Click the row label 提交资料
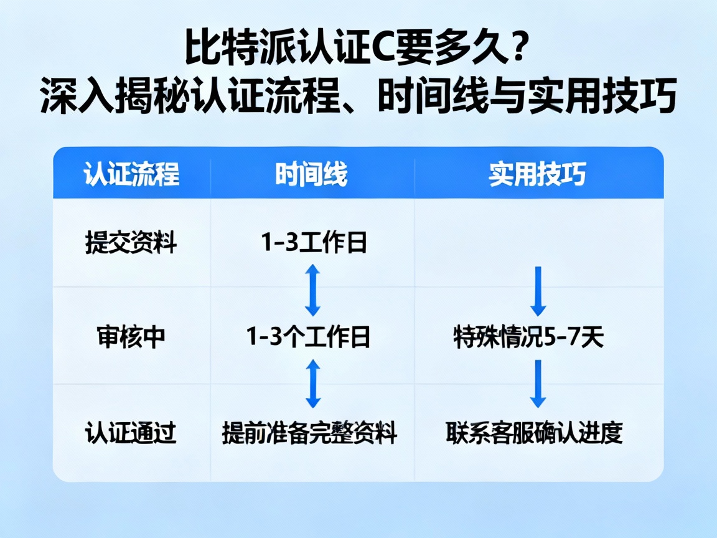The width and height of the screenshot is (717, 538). click(x=131, y=243)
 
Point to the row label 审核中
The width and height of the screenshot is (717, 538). click(x=131, y=337)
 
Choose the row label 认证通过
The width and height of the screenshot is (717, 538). click(x=131, y=432)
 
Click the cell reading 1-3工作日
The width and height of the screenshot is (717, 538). click(x=312, y=243)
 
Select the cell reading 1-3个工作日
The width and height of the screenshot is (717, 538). click(x=309, y=337)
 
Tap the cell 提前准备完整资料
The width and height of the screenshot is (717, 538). click(x=309, y=432)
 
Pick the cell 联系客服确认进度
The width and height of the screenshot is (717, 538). click(x=534, y=432)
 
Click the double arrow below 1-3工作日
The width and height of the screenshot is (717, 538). click(x=312, y=290)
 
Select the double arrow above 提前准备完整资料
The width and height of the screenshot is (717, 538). click(x=312, y=384)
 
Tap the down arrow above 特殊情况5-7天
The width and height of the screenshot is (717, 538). click(x=538, y=291)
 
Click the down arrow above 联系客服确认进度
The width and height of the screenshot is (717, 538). click(x=538, y=384)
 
